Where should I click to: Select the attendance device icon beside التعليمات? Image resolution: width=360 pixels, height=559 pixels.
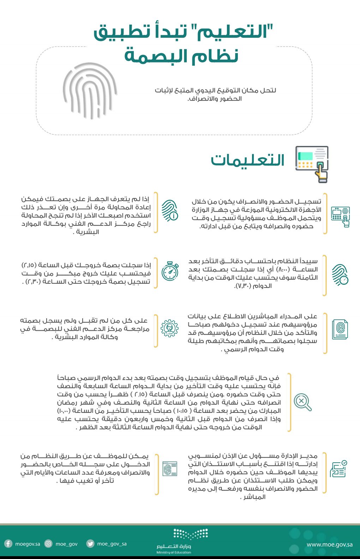[312, 164]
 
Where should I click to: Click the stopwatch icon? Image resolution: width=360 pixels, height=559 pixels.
[170, 271]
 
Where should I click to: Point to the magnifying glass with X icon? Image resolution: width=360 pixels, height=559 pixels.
[302, 402]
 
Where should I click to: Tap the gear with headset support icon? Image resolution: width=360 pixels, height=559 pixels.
[169, 328]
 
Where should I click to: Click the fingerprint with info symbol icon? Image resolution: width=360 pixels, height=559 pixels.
[169, 211]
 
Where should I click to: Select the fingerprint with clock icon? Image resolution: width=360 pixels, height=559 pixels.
[340, 275]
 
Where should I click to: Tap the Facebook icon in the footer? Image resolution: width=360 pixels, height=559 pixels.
[8, 544]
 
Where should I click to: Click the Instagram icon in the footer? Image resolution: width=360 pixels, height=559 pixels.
[48, 544]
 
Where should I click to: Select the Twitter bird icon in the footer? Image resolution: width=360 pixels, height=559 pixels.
[90, 544]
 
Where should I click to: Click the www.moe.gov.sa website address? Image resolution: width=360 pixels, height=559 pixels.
[329, 544]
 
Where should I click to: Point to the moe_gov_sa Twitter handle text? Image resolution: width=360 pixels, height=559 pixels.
[112, 544]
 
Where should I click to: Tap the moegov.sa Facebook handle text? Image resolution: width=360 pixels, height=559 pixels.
[28, 544]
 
